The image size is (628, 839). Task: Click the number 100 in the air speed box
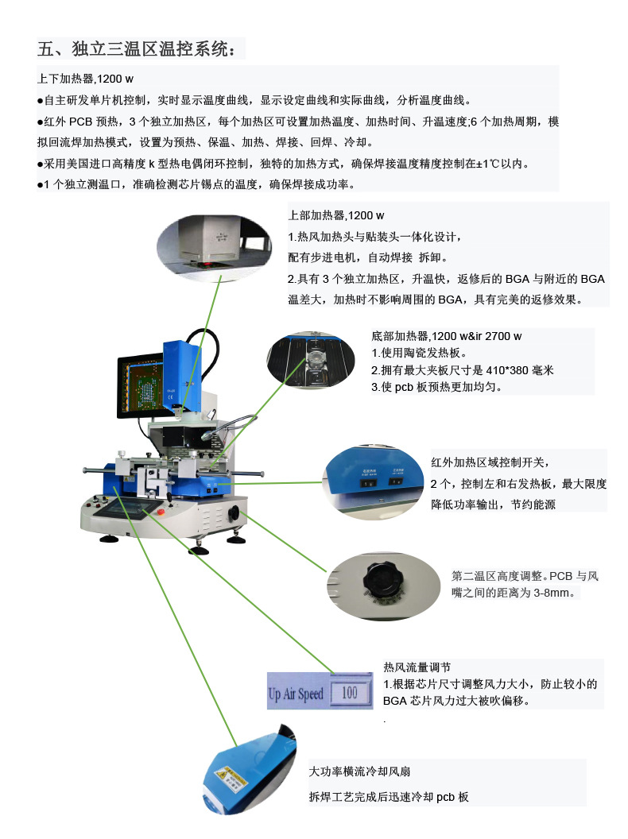[x=349, y=693]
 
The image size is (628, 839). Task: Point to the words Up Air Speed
[x=296, y=694]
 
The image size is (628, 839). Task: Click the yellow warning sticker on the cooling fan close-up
[x=221, y=774]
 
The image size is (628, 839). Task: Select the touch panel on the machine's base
[x=132, y=509]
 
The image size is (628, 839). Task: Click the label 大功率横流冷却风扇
[x=360, y=771]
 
